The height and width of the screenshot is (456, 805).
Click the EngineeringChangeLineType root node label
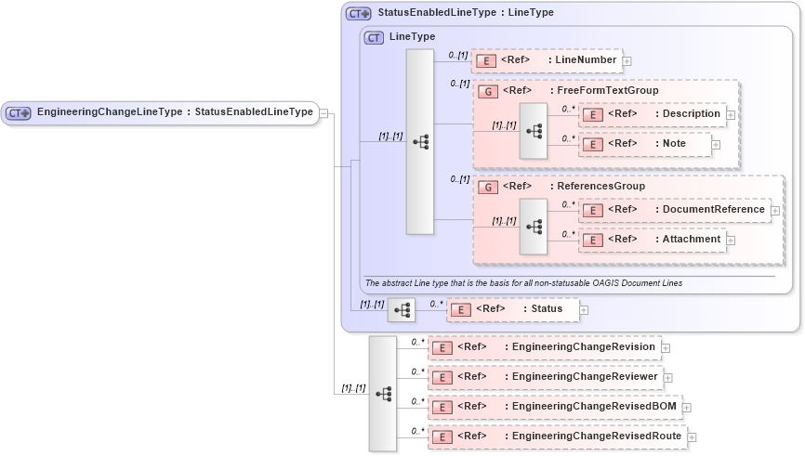click(174, 112)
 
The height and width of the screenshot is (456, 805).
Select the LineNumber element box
click(546, 60)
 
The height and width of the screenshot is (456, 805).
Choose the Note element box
click(645, 144)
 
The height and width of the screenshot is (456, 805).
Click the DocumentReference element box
click(674, 210)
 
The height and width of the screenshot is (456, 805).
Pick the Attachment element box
click(651, 240)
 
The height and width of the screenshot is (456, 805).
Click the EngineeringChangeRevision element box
click(544, 347)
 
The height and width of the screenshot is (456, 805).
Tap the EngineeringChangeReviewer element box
click(545, 377)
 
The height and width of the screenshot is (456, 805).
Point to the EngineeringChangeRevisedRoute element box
click(557, 436)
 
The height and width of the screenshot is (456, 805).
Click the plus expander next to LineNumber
click(627, 61)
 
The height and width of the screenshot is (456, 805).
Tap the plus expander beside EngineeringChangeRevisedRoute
click(692, 436)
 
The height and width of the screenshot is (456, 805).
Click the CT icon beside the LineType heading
click(374, 37)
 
